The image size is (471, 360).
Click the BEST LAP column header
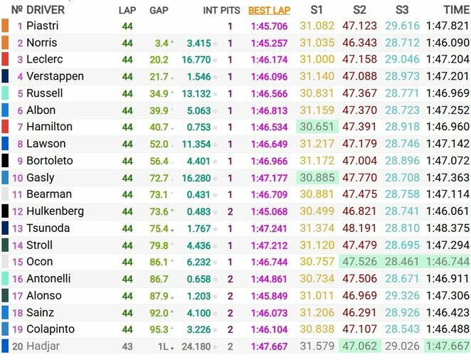pos(269,10)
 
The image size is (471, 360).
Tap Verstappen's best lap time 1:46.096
pos(269,76)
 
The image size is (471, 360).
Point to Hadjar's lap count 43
pos(127,346)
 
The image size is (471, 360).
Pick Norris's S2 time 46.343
pos(359,43)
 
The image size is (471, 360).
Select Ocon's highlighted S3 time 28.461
pos(402,262)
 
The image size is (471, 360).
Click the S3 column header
pos(403,10)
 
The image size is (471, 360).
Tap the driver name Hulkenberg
pos(55,211)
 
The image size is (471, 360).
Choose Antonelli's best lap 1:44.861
pos(269,279)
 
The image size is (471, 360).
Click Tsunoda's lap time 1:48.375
pos(447,228)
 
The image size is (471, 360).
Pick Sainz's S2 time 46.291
pos(359,312)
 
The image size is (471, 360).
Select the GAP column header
pos(159,10)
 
